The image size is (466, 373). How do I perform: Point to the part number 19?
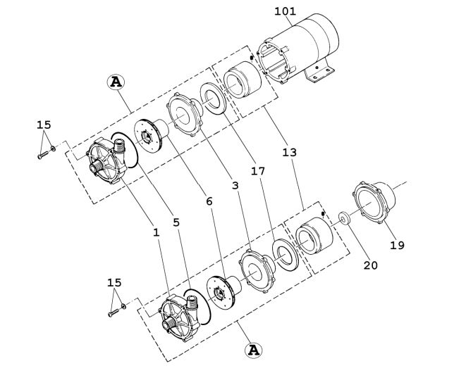pos(397,245)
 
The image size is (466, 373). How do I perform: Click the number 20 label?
pos(370,265)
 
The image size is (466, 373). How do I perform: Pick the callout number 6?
pos(208,201)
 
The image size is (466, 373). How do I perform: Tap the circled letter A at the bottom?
pos(253,350)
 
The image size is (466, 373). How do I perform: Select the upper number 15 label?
pos(44,125)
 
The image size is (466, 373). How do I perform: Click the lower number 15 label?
pos(114,282)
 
